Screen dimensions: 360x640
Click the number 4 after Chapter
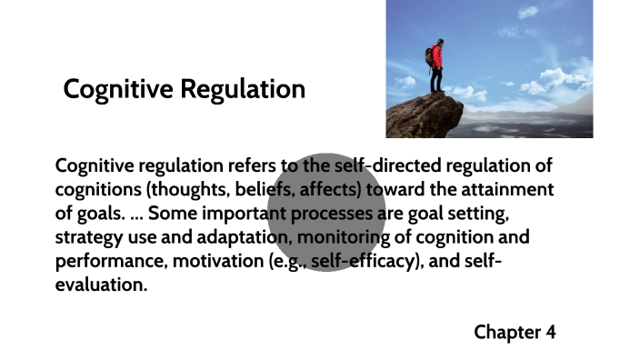point(550,332)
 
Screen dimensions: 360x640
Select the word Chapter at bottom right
point(506,332)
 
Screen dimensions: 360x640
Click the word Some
point(172,214)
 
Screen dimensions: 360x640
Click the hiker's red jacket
point(437,57)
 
